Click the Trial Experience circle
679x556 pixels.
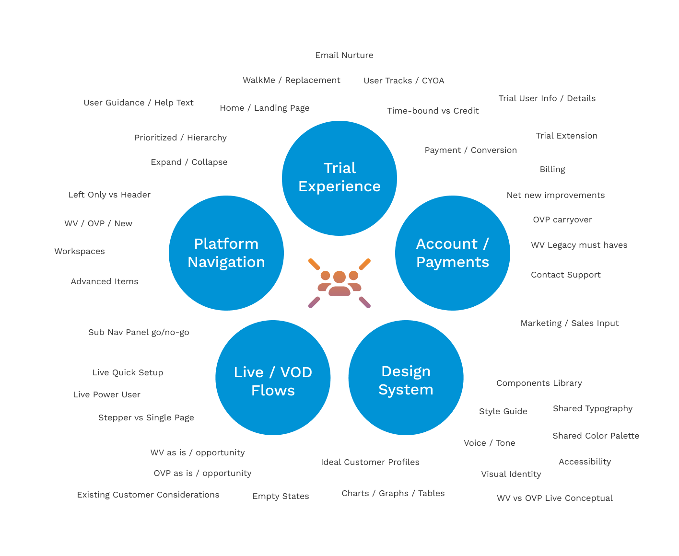pyautogui.click(x=339, y=178)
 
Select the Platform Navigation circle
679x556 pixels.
pyautogui.click(x=226, y=253)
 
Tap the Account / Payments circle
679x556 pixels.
pyautogui.click(x=453, y=253)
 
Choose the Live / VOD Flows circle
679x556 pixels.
pyautogui.click(x=273, y=378)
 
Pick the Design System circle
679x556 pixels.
pyautogui.click(x=406, y=378)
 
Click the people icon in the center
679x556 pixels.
pyautogui.click(x=339, y=283)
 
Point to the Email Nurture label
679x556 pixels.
pyautogui.click(x=344, y=55)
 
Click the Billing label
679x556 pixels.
pyautogui.click(x=552, y=169)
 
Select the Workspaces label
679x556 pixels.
pyautogui.click(x=80, y=251)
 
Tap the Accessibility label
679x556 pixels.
pyautogui.click(x=585, y=462)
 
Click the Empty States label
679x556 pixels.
pyautogui.click(x=281, y=496)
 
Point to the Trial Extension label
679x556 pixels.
pyautogui.click(x=566, y=136)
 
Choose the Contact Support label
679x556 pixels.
pyautogui.click(x=566, y=275)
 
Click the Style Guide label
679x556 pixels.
pyautogui.click(x=503, y=411)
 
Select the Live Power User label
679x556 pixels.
pyautogui.click(x=107, y=394)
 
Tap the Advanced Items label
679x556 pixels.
pyautogui.click(x=105, y=281)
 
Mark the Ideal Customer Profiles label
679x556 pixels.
pyautogui.click(x=370, y=462)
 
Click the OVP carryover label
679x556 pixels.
pyautogui.click(x=562, y=220)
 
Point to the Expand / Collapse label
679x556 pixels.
pyautogui.click(x=189, y=162)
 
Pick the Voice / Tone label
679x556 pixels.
pyautogui.click(x=490, y=443)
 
